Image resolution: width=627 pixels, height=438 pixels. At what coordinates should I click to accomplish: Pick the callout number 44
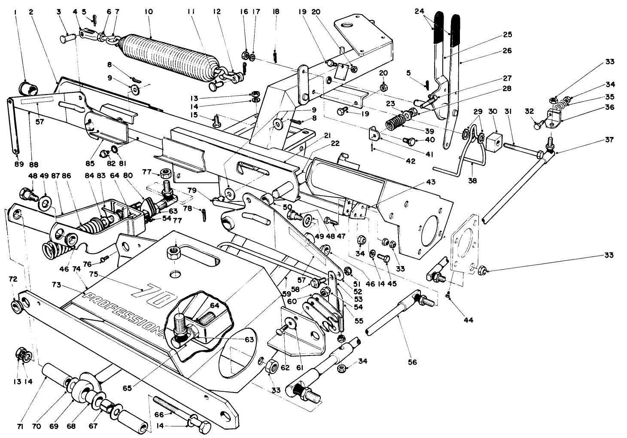(468, 320)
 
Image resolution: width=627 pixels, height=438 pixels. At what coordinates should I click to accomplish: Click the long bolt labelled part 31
(522, 149)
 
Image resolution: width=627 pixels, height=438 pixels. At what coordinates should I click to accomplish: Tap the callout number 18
(276, 12)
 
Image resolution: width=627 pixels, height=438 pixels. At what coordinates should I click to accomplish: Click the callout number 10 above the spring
(149, 12)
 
